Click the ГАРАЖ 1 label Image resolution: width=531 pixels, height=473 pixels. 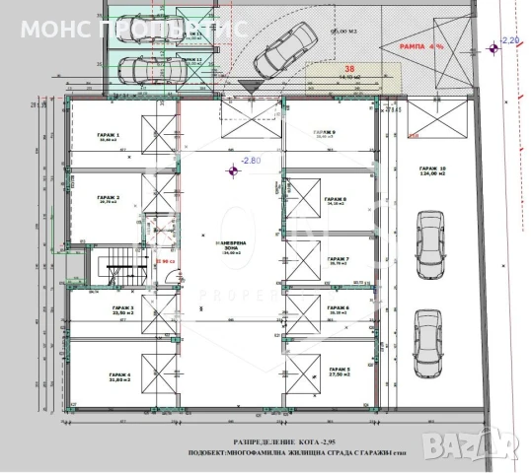coord(109,136)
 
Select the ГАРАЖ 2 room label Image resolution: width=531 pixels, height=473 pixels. coord(109,198)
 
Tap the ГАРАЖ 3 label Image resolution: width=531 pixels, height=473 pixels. coord(109,308)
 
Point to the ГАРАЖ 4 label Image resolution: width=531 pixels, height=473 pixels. coord(109,376)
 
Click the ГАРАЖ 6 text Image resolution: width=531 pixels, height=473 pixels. coord(340,308)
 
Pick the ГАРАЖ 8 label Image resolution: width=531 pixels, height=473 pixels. coord(340,200)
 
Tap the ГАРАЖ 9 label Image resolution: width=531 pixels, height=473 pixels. coord(325,132)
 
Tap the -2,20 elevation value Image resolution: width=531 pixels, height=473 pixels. coord(509,39)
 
